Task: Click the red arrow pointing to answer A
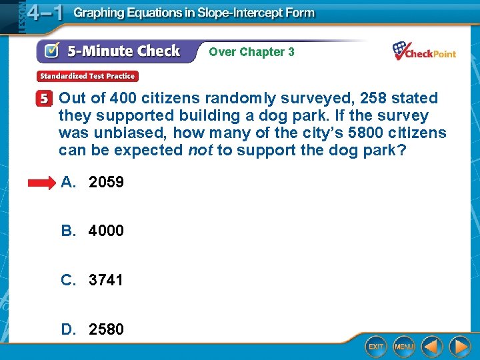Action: click(43, 182)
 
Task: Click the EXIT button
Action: click(376, 347)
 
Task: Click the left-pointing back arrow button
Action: click(433, 347)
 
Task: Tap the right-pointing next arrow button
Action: click(459, 347)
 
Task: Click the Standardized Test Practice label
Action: click(87, 76)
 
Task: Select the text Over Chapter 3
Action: click(251, 52)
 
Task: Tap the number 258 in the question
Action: click(373, 99)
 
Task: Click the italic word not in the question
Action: click(200, 150)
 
